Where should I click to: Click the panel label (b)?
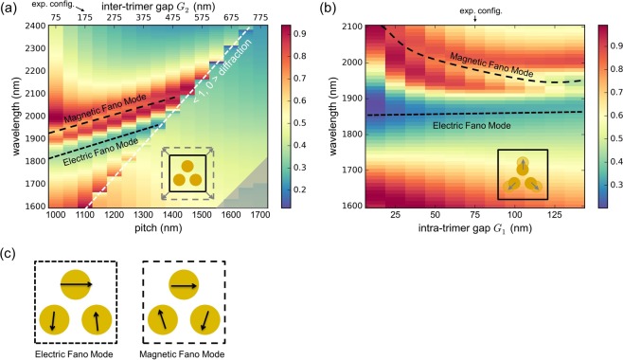pyautogui.click(x=322, y=8)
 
